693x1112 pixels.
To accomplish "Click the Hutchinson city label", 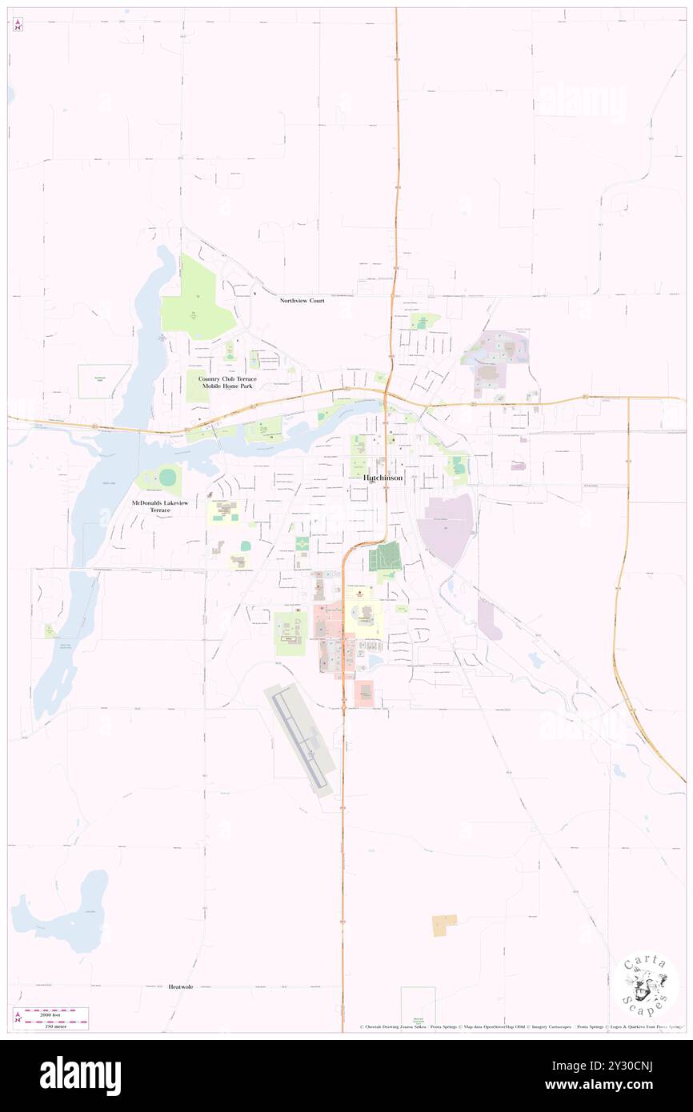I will tap(383, 478).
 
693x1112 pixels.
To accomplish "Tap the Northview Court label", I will tap(302, 301).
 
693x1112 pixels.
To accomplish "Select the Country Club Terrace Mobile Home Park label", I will tap(227, 382).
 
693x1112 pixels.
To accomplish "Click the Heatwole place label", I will tap(181, 987).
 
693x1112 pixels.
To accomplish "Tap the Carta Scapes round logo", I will tap(645, 985).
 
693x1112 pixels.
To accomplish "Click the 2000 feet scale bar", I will tap(56, 1013).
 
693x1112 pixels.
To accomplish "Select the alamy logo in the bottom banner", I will tap(80, 1076).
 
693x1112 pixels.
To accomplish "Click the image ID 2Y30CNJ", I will tap(627, 1066).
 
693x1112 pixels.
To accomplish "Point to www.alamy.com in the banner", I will tap(627, 1086).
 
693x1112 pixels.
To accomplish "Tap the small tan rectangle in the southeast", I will tap(444, 926).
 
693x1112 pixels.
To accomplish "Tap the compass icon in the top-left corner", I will tap(18, 25).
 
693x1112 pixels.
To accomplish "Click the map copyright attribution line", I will tap(520, 1026).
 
